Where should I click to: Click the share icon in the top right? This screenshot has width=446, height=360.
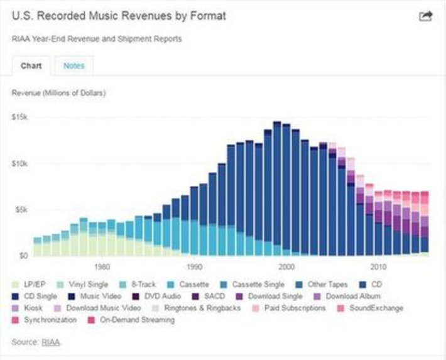(425, 16)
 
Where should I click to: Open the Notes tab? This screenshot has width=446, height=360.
(73, 65)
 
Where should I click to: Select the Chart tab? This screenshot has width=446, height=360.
(31, 65)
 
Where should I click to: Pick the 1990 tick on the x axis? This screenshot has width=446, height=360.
(194, 266)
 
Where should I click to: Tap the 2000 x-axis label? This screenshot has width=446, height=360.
(286, 266)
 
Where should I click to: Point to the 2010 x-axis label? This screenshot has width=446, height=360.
(378, 266)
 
